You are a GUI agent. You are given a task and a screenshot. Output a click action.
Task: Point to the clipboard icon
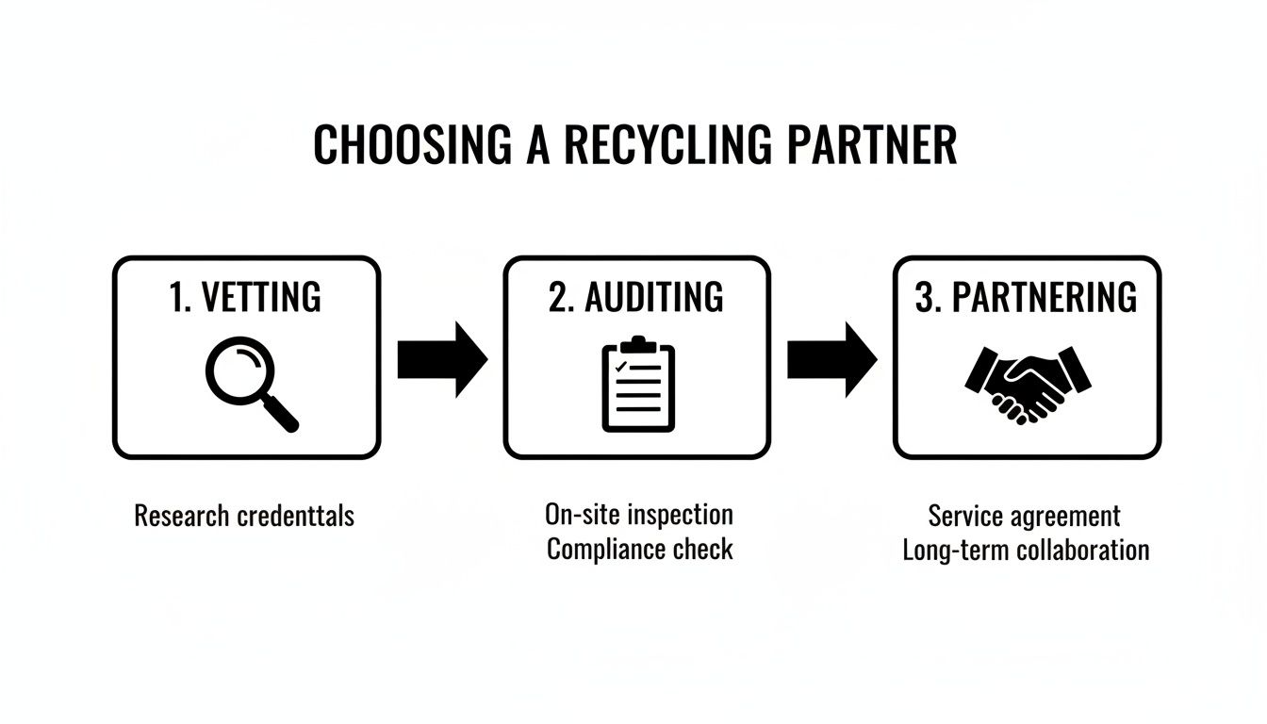tap(638, 385)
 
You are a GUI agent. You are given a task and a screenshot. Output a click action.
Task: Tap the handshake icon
tap(1028, 383)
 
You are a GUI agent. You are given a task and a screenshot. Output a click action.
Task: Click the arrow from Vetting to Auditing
tap(441, 359)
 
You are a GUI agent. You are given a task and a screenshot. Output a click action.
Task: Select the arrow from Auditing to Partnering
tap(831, 359)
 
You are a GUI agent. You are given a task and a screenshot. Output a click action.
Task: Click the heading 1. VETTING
tap(246, 297)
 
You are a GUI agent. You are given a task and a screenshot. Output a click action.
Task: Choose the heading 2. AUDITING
tap(636, 297)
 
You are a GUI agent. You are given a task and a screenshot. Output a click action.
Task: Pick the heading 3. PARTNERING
tap(1027, 297)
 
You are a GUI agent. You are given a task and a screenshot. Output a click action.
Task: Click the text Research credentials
tap(244, 516)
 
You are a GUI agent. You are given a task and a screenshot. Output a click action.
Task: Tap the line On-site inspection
tap(638, 515)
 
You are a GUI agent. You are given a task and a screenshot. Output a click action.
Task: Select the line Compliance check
tap(639, 550)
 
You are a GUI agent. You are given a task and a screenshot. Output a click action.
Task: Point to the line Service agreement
tap(1025, 516)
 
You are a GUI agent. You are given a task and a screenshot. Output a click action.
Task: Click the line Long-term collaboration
tap(1026, 551)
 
